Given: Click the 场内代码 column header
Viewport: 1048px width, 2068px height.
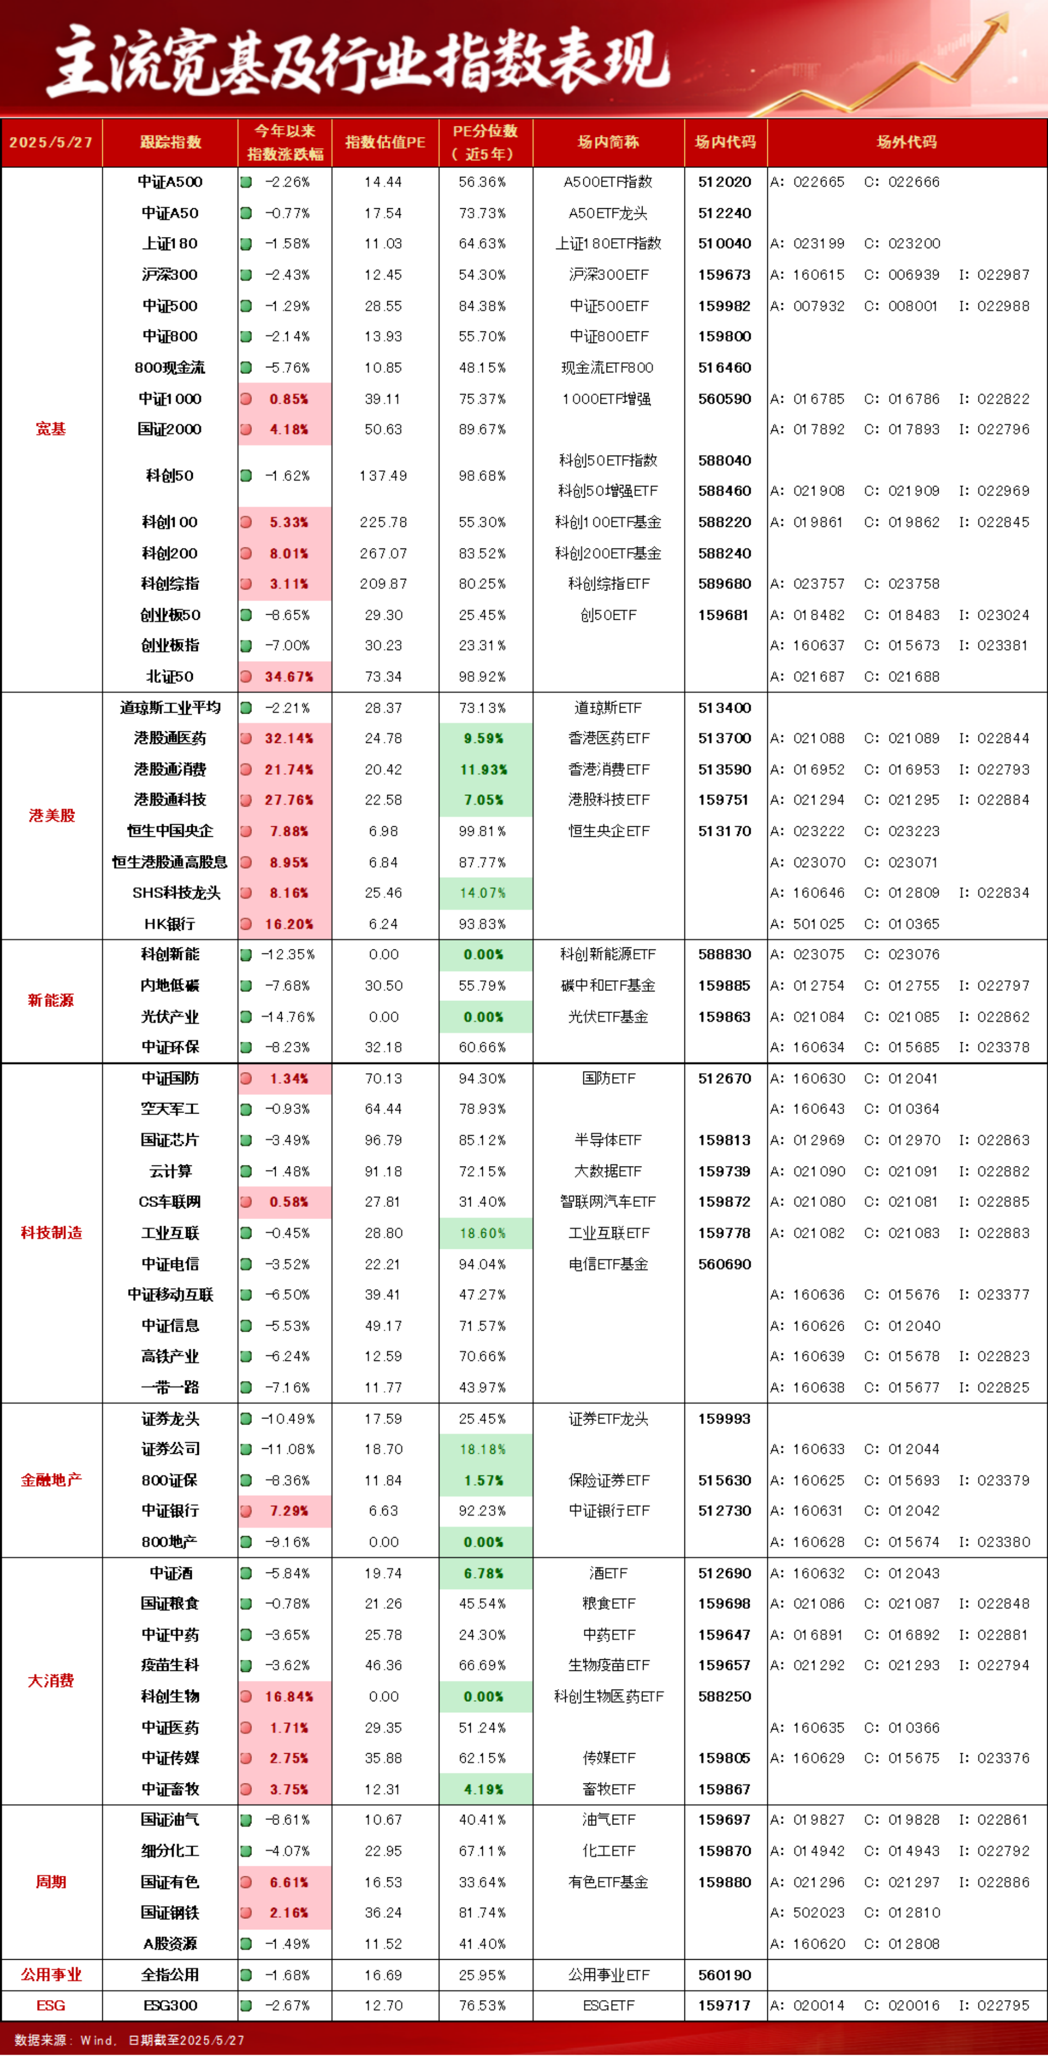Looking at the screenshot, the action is click(725, 142).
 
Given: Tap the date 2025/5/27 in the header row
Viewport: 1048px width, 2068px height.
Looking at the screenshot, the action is click(51, 142).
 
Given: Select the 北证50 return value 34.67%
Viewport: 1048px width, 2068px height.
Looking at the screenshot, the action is click(289, 677).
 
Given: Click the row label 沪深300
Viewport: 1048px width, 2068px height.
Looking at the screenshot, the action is click(170, 275).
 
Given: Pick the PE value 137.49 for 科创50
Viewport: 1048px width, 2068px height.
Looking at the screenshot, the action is click(383, 475).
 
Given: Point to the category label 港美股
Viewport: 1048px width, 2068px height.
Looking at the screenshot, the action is click(51, 816).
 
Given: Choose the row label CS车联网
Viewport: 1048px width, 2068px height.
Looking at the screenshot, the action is click(170, 1202).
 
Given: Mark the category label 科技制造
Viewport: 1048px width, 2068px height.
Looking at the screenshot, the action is click(51, 1232).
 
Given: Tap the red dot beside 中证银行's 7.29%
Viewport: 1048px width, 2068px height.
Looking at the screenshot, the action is click(246, 1511).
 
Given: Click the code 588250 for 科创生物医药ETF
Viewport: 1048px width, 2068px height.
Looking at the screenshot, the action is click(724, 1696).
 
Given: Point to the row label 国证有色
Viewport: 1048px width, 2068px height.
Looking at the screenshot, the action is click(170, 1882).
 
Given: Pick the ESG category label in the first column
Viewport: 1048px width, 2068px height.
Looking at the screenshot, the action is click(51, 2006).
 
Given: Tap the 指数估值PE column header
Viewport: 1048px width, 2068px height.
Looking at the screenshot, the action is click(385, 142).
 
